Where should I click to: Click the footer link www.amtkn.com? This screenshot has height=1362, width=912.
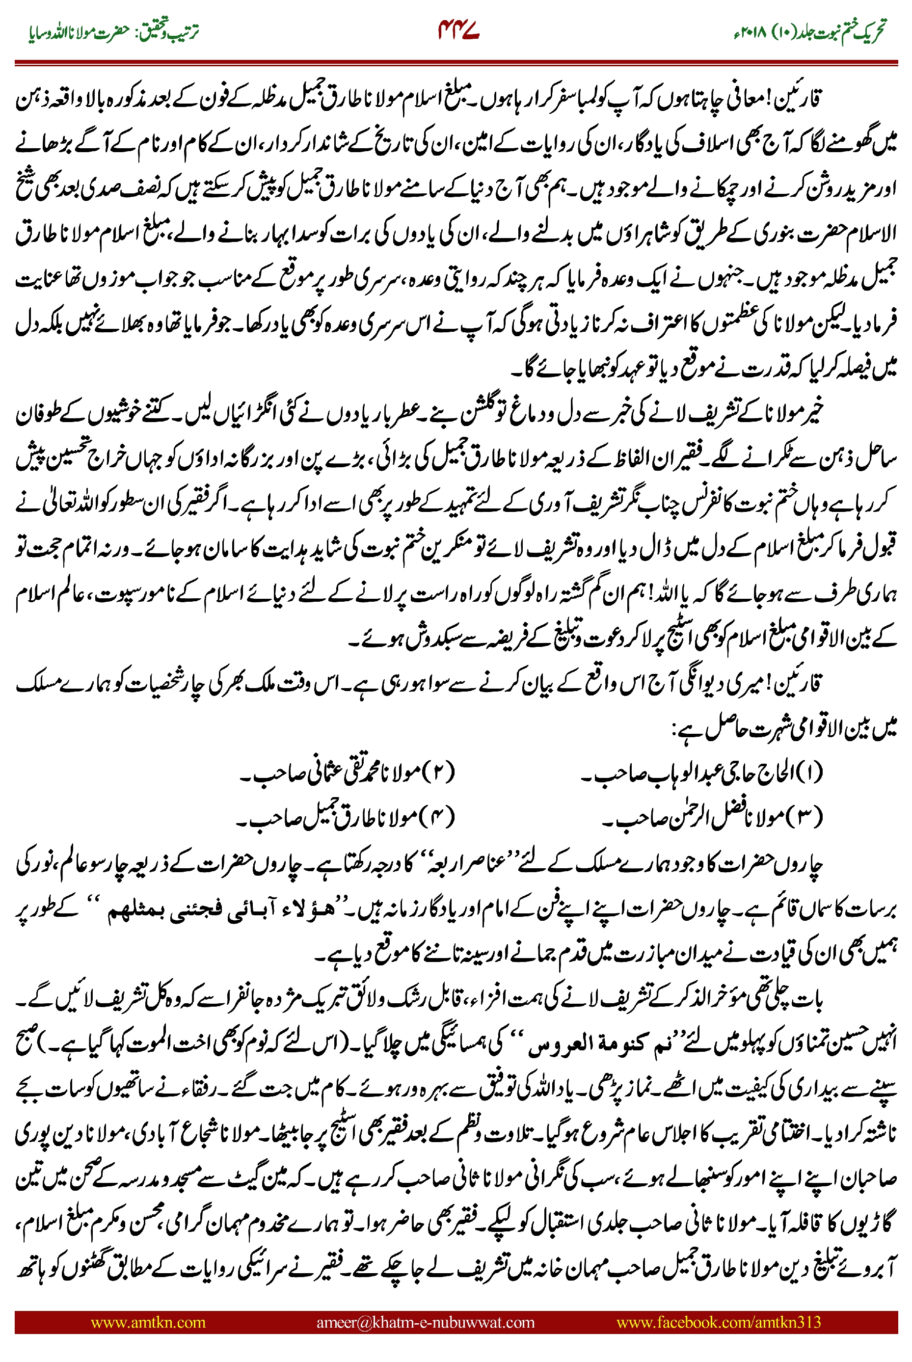148,1322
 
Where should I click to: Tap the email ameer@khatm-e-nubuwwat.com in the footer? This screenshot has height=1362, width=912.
425,1322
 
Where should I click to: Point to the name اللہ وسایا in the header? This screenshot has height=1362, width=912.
53,32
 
